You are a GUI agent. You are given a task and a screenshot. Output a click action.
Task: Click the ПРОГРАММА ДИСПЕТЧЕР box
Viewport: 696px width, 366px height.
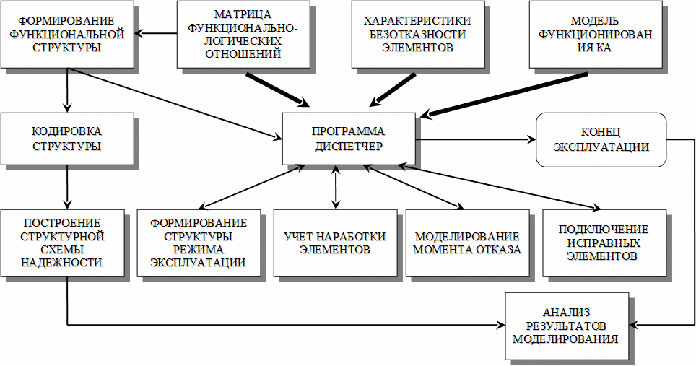(x=349, y=139)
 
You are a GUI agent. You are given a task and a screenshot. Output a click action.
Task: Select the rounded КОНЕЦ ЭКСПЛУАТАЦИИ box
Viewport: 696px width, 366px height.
(x=601, y=139)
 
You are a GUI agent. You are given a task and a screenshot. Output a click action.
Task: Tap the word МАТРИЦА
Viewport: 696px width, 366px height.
(x=243, y=14)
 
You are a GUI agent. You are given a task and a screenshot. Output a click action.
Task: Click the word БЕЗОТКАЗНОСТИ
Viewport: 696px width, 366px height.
(x=417, y=34)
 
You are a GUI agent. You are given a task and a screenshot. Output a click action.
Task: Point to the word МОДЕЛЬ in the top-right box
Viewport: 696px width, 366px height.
(x=594, y=21)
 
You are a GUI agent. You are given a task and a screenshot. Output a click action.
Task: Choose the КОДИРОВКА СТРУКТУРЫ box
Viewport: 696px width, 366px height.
(x=67, y=139)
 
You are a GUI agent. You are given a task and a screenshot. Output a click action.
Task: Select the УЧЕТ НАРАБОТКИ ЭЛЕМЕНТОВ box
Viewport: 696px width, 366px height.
(x=335, y=243)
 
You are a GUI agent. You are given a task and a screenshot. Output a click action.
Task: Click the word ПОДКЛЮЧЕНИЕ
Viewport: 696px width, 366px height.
(x=604, y=230)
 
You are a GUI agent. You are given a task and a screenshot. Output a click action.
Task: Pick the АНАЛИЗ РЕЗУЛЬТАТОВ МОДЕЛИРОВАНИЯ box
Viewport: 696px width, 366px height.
(x=567, y=326)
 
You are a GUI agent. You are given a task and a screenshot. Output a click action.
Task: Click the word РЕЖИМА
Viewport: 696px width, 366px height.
(x=198, y=249)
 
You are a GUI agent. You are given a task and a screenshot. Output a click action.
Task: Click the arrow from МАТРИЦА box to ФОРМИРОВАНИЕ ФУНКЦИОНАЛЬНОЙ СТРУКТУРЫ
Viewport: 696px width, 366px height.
(x=155, y=33)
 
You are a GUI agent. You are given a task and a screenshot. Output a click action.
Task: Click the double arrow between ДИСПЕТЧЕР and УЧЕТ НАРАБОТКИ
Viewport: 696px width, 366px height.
(x=336, y=187)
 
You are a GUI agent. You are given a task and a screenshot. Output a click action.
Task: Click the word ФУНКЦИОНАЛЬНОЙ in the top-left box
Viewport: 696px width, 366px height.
(x=67, y=34)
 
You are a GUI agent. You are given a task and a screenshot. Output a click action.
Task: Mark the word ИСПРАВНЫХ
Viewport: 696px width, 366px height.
(x=604, y=243)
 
